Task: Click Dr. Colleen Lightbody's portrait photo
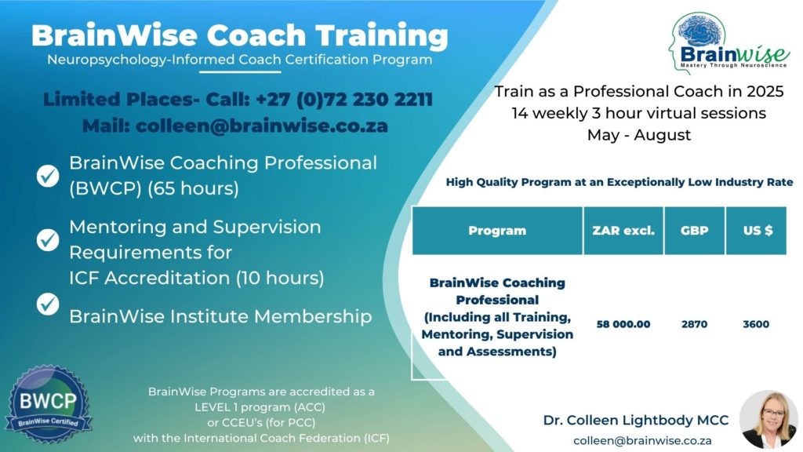coord(768,419)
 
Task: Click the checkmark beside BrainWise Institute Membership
coord(49,302)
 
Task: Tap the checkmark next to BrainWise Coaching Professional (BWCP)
coord(49,176)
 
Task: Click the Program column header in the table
coord(497,231)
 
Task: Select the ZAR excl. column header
coord(623,231)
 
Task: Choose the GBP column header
coord(694,231)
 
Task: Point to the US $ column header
coord(756,231)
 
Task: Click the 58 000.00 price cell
coord(623,324)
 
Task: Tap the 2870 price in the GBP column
coord(694,324)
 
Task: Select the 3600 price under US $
coord(756,324)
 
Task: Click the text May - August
coord(639,135)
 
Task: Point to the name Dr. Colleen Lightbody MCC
coord(636,421)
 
